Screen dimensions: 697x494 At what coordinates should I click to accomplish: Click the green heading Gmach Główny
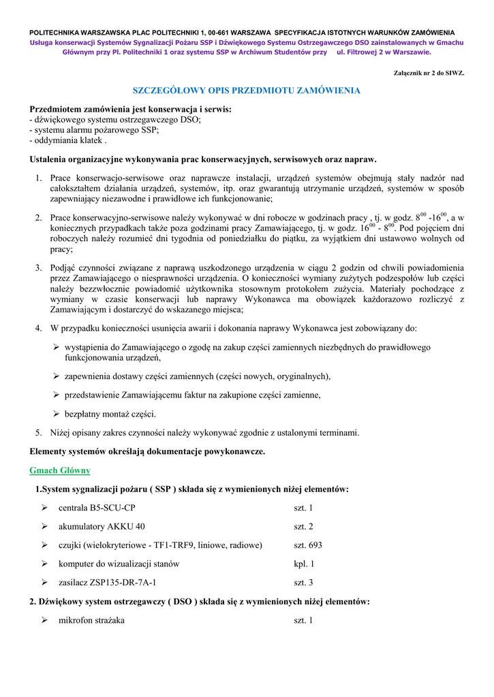(x=60, y=470)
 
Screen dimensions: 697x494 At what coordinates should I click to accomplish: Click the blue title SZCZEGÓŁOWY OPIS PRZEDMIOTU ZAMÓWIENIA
(x=246, y=91)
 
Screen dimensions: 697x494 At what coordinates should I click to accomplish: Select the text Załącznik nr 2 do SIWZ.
(x=429, y=73)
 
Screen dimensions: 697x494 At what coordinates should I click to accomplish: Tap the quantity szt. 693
(x=308, y=545)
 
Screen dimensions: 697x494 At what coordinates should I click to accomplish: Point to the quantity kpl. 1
(x=304, y=564)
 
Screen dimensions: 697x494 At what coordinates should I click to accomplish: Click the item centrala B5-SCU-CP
(x=97, y=508)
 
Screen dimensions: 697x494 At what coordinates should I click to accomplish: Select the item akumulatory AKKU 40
(x=102, y=526)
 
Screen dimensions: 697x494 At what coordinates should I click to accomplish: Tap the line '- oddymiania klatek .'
(x=68, y=141)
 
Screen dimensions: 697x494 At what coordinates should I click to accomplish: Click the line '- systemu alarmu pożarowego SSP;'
(x=94, y=130)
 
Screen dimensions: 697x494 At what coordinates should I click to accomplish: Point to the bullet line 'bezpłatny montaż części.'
(x=110, y=414)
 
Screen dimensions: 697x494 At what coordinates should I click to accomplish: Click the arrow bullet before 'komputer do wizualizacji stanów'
(x=44, y=564)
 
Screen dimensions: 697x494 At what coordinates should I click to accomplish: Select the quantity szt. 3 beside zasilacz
(x=303, y=583)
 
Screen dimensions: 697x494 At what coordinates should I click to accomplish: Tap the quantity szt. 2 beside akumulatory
(x=303, y=526)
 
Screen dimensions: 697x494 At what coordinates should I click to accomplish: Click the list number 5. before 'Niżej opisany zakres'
(x=39, y=432)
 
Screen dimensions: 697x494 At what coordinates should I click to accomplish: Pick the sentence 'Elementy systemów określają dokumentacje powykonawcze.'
(x=147, y=451)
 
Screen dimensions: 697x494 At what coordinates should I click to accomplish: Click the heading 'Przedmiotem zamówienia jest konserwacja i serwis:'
(x=130, y=109)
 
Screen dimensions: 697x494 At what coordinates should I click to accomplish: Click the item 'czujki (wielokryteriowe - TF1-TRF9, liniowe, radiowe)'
(x=160, y=545)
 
